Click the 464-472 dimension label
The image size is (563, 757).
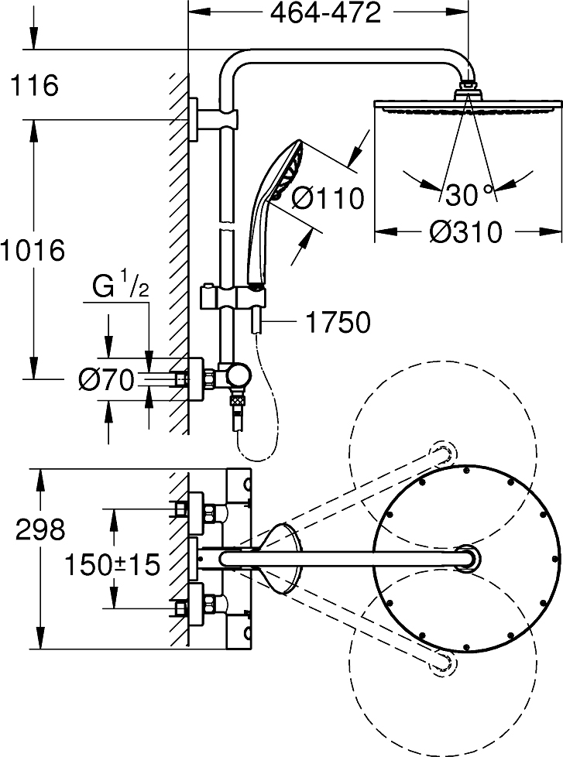pos(325,14)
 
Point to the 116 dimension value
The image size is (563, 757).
pos(34,85)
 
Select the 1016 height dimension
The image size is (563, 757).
pos(33,251)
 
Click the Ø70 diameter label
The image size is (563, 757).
pos(106,379)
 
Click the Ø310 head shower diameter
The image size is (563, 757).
pos(466,232)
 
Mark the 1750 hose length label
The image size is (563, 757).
pos(338,322)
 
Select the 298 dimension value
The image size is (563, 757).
pos(40,529)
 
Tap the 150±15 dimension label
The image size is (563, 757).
pos(112,564)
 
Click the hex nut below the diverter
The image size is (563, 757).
pos(237,402)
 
